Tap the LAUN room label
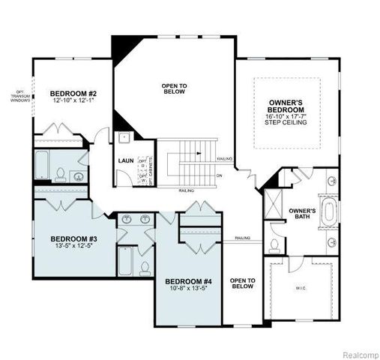tap(125, 160)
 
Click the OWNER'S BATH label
tap(303, 214)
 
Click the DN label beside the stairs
tap(219, 176)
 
